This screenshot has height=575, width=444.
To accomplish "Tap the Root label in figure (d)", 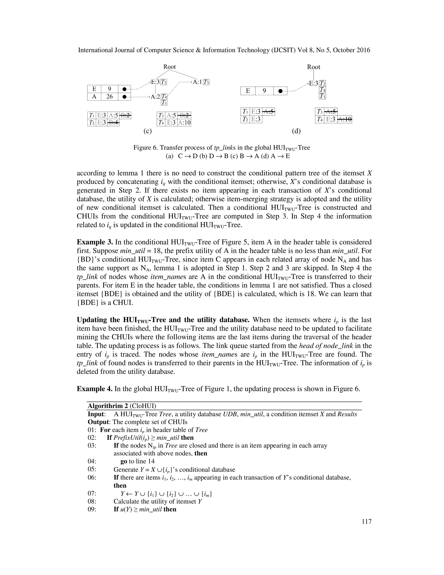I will pyautogui.click(x=313, y=67).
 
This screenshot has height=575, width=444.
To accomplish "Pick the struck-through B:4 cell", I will pyautogui.click(x=113, y=122).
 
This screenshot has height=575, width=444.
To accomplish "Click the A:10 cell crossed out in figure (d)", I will pyautogui.click(x=344, y=120).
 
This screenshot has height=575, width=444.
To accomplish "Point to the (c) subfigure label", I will pyautogui.click(x=148, y=131).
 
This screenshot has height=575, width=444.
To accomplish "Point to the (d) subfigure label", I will pyautogui.click(x=296, y=131).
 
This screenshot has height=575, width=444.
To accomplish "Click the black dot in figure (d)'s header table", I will pyautogui.click(x=280, y=91).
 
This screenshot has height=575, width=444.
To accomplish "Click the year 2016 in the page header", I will pyautogui.click(x=363, y=50).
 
